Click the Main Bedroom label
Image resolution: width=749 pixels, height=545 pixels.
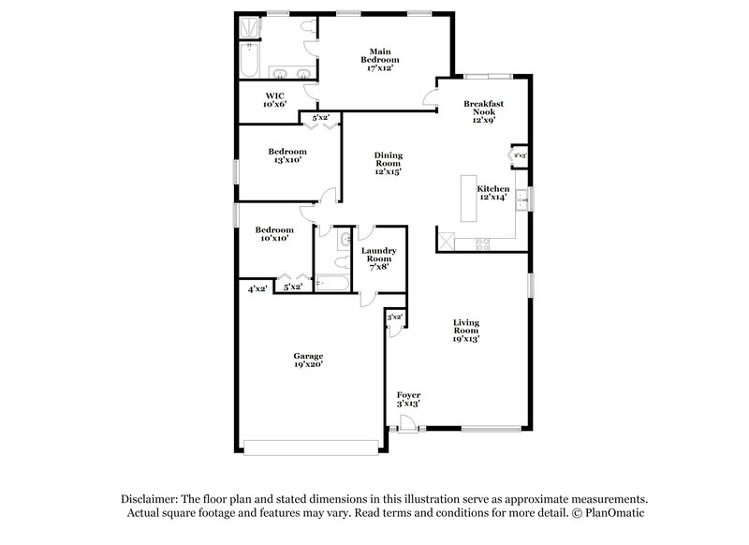coord(378,59)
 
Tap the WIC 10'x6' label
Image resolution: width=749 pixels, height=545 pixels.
coord(274,100)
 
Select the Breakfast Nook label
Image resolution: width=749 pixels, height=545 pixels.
coord(483,111)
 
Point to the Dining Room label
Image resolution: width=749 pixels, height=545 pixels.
coord(388,163)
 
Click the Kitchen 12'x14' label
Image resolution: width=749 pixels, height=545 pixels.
coord(492,193)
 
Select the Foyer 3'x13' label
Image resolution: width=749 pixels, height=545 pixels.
coord(408,399)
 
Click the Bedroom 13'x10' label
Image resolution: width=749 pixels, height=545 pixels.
coord(287,156)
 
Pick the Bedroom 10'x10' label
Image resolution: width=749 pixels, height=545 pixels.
coord(273,234)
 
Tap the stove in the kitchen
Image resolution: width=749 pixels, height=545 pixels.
coord(484,244)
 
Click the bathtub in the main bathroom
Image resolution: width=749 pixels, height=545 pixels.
coord(248,58)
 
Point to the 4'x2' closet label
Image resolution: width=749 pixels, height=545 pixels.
coord(257,289)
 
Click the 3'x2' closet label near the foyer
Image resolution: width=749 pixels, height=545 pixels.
coord(394,317)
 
